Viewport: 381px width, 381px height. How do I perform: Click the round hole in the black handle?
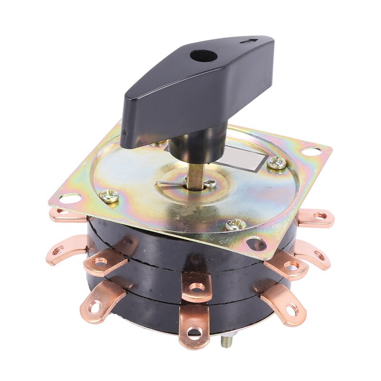coord(198,56)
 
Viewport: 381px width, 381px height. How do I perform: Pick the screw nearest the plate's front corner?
coord(234,224)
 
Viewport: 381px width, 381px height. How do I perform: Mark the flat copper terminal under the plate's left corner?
coord(67,215)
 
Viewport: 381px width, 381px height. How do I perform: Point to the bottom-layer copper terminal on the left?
coord(98,302)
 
